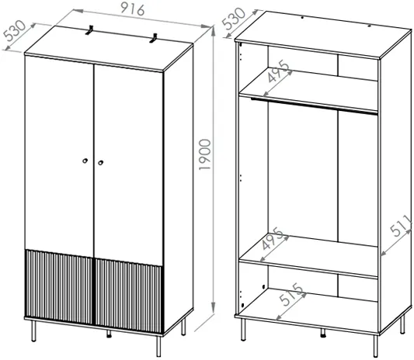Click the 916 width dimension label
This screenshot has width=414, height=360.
[x=133, y=9]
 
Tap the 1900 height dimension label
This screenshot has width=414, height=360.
[x=205, y=154]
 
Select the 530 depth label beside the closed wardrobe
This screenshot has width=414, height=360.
[x=15, y=31]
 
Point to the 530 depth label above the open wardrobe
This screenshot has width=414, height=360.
[x=233, y=19]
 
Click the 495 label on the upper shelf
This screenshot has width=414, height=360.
[x=279, y=71]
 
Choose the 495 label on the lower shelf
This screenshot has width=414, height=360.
[x=273, y=238]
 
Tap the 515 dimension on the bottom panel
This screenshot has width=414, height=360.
[x=291, y=294]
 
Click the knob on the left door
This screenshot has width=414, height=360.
[x=85, y=161]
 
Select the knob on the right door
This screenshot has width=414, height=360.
[x=100, y=163]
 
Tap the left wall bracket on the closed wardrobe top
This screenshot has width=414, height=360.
[x=90, y=29]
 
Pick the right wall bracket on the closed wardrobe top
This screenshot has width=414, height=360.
[x=154, y=38]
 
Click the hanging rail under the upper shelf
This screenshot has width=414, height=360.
[x=315, y=106]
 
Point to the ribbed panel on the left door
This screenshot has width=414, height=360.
[x=59, y=287]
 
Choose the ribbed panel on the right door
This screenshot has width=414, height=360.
[x=129, y=296]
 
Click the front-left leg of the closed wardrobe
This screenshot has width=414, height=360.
[x=33, y=331]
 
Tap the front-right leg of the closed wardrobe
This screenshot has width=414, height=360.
[x=158, y=346]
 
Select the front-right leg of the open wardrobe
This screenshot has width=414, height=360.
[x=375, y=346]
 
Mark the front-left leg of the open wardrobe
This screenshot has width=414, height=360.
[x=243, y=330]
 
